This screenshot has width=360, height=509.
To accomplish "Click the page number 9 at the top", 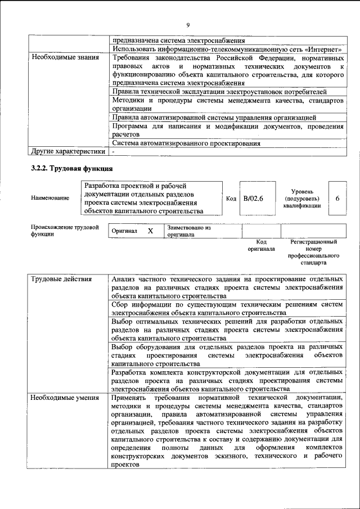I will (187, 25).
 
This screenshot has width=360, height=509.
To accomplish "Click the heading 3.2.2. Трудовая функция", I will (71, 168).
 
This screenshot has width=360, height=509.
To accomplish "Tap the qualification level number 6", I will (337, 199).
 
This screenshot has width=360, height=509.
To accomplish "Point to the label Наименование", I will (51, 198).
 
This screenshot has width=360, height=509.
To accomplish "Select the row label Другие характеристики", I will (68, 151).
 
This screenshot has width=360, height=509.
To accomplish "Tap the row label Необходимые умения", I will (62, 398).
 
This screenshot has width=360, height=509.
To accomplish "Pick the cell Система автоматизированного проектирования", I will (186, 143).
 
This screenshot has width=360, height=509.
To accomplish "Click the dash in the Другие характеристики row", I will (113, 151).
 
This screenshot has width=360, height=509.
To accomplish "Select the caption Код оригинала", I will (261, 245).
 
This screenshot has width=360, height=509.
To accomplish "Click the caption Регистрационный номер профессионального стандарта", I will (313, 252).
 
